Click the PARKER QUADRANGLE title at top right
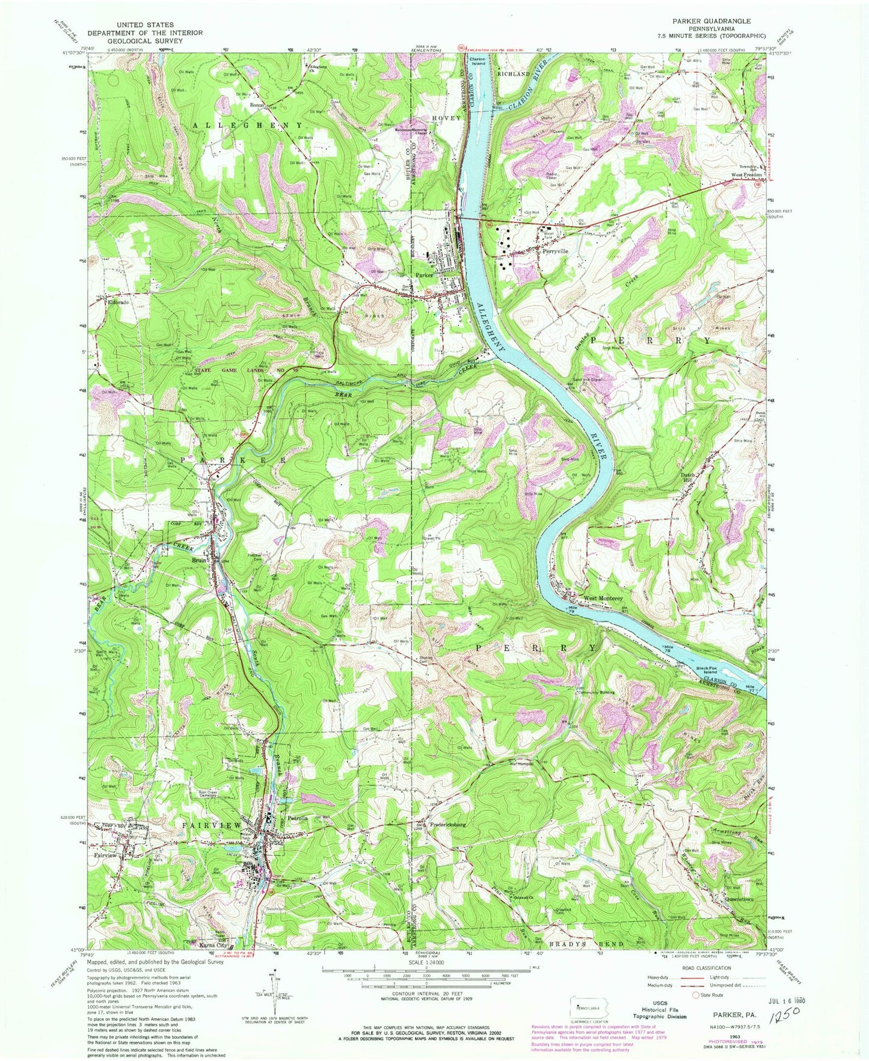tap(707, 20)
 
